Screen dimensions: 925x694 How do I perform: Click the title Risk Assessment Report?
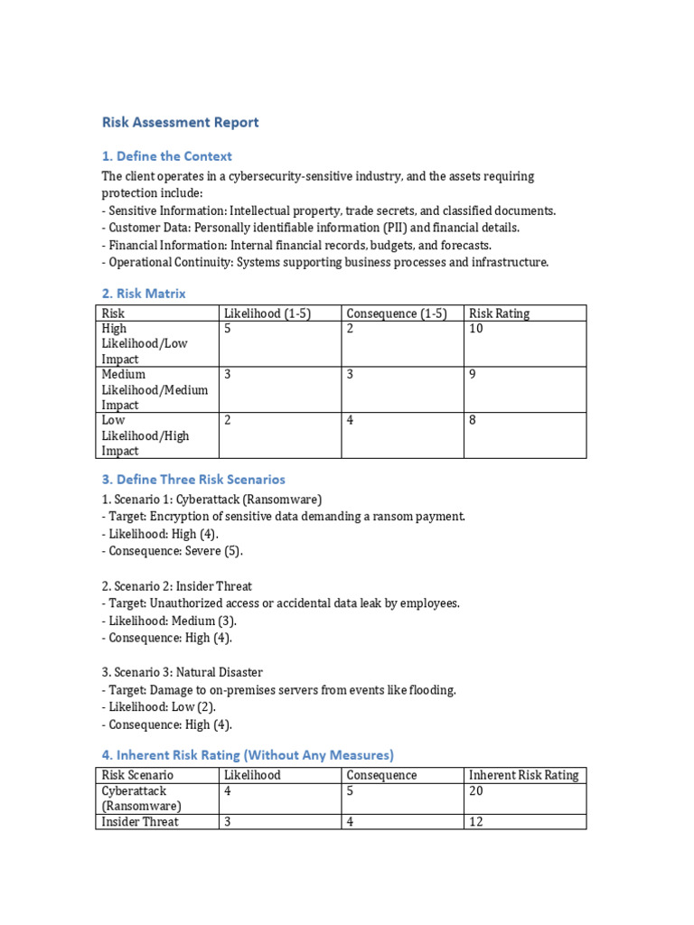tap(180, 122)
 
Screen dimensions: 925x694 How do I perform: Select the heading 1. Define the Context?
tap(166, 156)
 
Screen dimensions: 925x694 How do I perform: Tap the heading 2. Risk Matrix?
tap(144, 293)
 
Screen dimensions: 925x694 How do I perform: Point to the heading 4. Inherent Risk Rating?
tap(248, 754)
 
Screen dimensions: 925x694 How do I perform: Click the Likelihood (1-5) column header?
tap(267, 313)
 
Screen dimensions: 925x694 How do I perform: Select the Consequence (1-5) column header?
tap(397, 313)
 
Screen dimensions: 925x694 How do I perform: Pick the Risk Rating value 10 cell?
tap(476, 329)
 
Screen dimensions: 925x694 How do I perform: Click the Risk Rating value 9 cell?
tap(473, 374)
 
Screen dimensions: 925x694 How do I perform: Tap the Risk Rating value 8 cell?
tap(473, 420)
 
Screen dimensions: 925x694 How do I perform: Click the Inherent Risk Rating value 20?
tap(476, 790)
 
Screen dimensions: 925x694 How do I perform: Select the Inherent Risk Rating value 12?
tap(476, 821)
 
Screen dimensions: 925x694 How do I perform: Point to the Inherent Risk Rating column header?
tap(524, 775)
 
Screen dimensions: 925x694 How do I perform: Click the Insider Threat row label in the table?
tap(140, 821)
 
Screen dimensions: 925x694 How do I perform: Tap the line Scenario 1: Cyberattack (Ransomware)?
tap(211, 499)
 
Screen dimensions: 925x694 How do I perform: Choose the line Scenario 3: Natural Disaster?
tap(182, 672)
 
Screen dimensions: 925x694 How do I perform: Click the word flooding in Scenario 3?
tap(432, 689)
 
